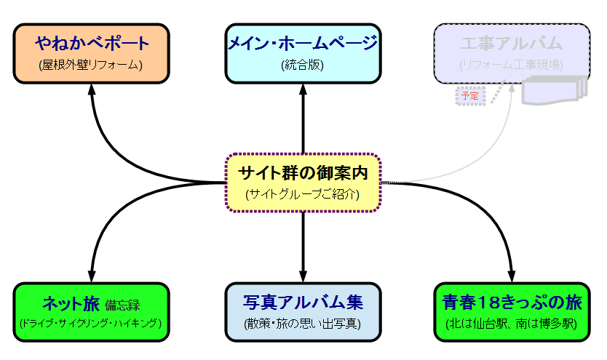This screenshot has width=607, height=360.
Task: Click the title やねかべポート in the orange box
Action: click(x=92, y=43)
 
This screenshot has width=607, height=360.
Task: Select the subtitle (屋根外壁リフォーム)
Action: click(x=92, y=65)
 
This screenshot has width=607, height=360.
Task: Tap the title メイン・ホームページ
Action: click(x=302, y=43)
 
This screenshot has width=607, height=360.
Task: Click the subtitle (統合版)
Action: click(x=302, y=65)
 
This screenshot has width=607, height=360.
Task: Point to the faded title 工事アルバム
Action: click(x=512, y=43)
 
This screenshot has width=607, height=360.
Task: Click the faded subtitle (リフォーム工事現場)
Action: click(x=512, y=65)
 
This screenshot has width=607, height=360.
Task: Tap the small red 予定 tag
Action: click(x=469, y=95)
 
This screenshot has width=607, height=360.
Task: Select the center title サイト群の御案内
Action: click(x=303, y=174)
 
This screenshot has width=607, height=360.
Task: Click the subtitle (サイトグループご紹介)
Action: click(x=303, y=194)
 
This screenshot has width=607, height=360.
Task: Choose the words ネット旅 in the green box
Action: click(x=71, y=302)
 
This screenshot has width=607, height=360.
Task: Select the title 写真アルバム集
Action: click(x=303, y=302)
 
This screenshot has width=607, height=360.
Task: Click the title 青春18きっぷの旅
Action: click(x=512, y=302)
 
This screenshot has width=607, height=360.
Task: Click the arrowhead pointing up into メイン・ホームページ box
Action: click(x=303, y=86)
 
